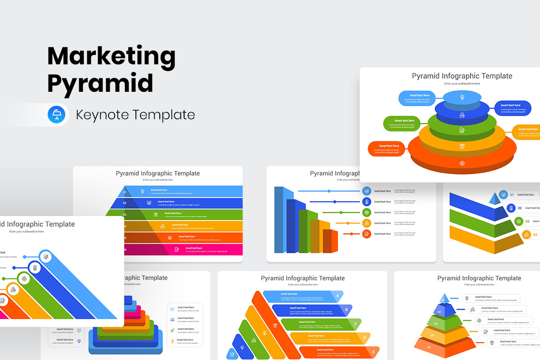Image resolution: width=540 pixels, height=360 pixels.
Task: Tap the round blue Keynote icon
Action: (57, 114)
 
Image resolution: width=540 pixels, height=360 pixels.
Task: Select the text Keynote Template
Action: (135, 115)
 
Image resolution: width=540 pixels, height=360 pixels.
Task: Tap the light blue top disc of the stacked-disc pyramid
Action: (462, 97)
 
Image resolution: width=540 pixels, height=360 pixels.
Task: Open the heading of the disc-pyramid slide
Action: (462, 76)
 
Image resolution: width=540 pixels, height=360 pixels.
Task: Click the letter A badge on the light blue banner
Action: (337, 296)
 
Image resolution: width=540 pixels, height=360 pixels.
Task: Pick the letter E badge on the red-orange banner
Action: (373, 352)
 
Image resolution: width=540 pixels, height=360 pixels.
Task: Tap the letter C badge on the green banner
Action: (355, 324)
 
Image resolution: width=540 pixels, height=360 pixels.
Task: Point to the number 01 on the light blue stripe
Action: (125, 192)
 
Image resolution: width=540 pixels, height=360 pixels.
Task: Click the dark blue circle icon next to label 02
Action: (511, 208)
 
